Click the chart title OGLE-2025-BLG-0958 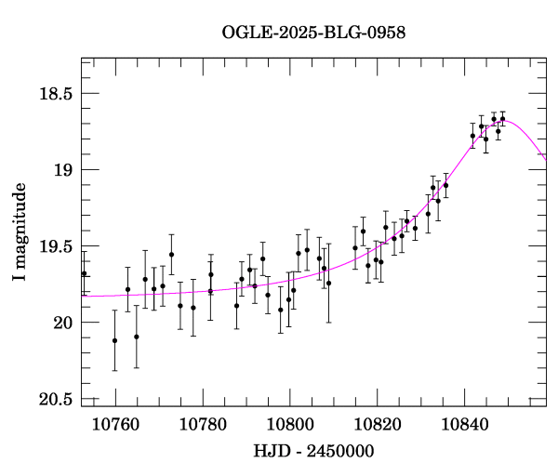coord(313,33)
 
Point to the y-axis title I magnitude coord(20,231)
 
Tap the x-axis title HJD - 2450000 coord(313,451)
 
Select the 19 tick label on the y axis coord(63,170)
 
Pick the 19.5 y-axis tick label coord(56,246)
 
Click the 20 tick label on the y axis coord(63,323)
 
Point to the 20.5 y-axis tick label coord(56,400)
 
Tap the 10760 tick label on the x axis coord(115,425)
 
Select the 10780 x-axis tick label coord(203,425)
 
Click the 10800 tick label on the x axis coord(290,425)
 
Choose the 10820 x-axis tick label coord(378,425)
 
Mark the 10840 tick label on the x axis coord(465,425)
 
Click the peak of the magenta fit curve coord(505,121)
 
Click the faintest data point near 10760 coord(114,340)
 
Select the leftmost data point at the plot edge coord(84,273)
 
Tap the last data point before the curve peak coord(502,119)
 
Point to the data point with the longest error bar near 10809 coord(328,283)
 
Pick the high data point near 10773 coord(171,255)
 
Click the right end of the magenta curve coord(546,161)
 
